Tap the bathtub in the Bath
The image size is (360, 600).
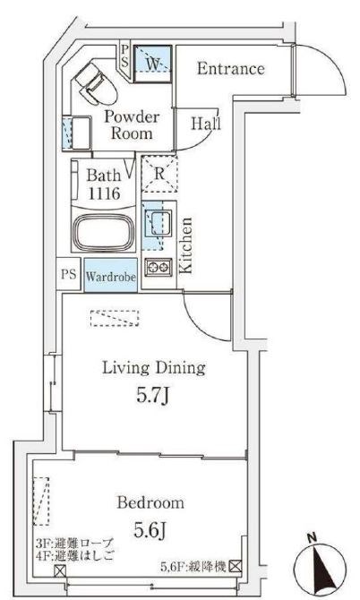point(103,232)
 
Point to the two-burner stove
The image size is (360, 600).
point(158,267)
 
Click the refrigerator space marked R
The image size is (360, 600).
point(159,174)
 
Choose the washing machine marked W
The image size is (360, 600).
point(152,64)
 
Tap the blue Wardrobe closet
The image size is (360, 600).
point(110,276)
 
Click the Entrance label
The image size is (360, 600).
point(231,68)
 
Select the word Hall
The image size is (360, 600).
point(206,124)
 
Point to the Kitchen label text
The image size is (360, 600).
point(186,245)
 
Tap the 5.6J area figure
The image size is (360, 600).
point(150,529)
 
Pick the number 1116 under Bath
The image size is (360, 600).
point(104,193)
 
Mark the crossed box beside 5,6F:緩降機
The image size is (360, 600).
point(236,566)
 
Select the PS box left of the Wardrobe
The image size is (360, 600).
point(68,274)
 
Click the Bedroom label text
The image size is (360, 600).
point(150,502)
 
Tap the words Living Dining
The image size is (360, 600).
point(154,368)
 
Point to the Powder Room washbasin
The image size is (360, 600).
point(76,133)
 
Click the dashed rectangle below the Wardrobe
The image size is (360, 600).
point(115,319)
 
